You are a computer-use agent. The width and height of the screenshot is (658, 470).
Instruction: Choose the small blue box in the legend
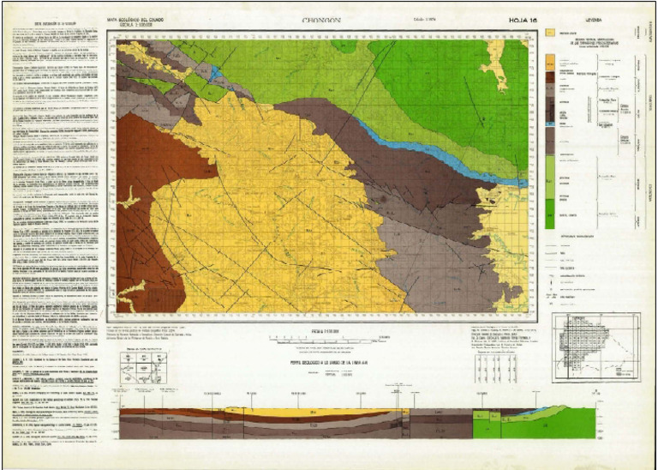549,125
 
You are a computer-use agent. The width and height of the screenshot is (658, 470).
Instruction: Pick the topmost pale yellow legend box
549,32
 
